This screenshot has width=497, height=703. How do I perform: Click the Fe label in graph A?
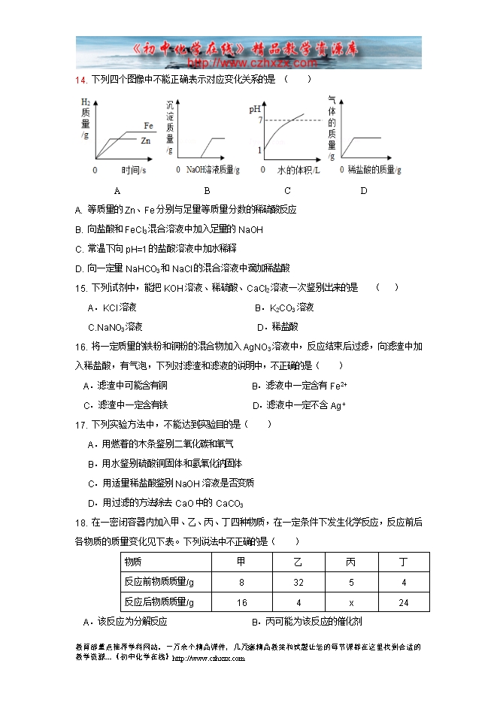(148, 126)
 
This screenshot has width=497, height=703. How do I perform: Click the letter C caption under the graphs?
(287, 190)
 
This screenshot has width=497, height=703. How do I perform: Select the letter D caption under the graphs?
(363, 190)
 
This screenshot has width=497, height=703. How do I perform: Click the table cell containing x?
(350, 602)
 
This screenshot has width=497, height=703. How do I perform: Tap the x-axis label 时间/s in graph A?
(133, 171)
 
